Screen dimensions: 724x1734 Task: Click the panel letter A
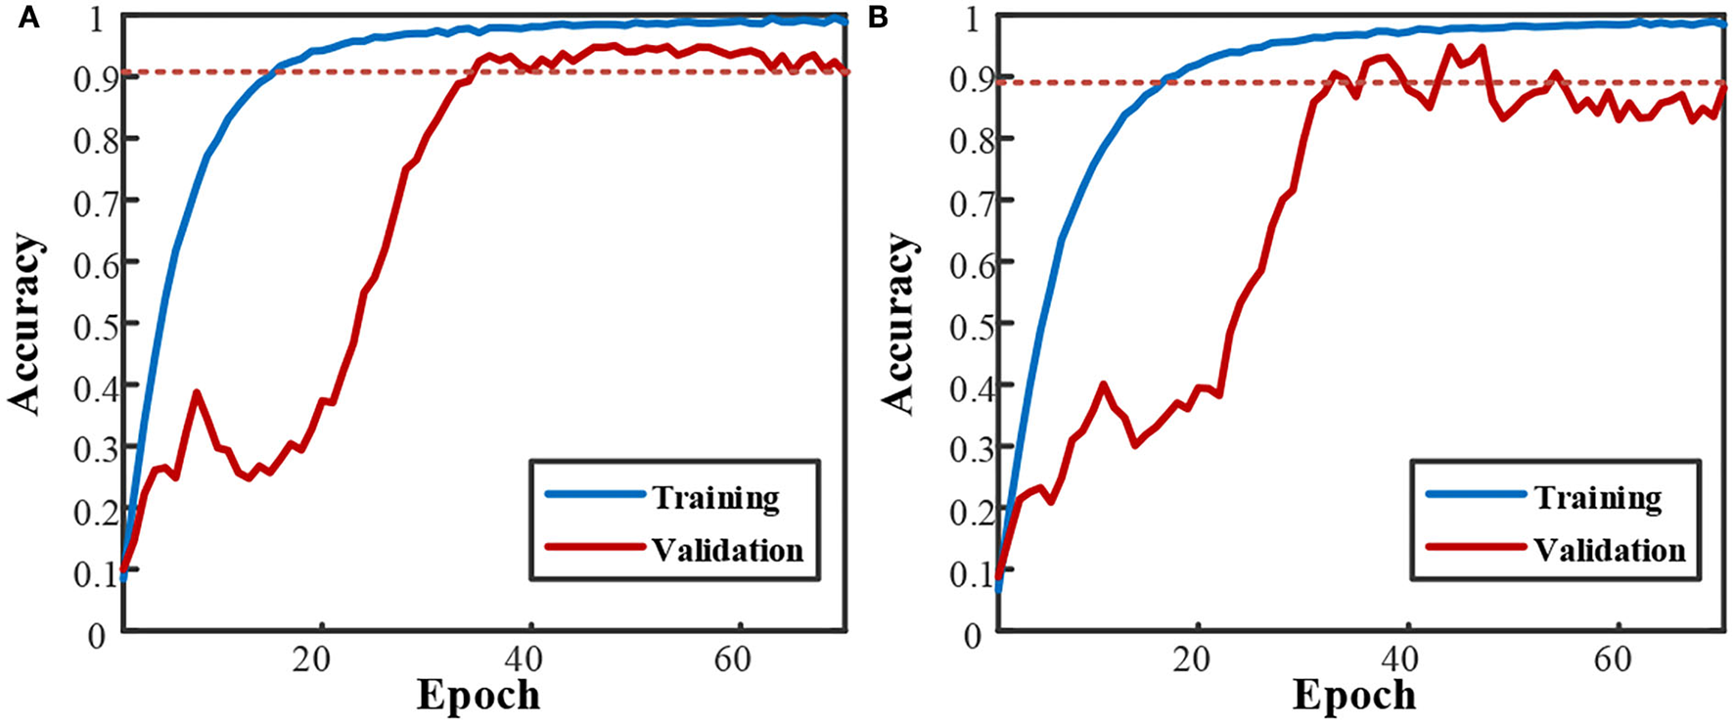point(28,17)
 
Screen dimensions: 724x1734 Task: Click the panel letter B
point(878,17)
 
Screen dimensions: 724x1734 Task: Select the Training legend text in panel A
point(715,498)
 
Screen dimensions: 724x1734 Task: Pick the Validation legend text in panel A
point(727,550)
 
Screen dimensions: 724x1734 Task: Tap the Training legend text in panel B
point(1597,498)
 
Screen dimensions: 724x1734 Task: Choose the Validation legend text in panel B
point(1609,550)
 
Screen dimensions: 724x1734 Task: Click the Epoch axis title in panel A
point(479,696)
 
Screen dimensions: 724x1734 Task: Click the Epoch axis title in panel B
point(1354,696)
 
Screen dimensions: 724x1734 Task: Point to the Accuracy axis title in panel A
point(26,324)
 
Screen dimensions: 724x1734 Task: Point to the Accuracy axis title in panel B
point(897,324)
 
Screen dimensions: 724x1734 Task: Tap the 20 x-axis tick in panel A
point(312,658)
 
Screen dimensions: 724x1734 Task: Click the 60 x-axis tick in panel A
point(732,658)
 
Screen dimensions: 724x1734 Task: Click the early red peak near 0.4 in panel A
point(198,392)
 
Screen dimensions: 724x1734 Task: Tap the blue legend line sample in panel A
point(594,495)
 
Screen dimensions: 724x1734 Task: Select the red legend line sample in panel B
point(1476,547)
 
